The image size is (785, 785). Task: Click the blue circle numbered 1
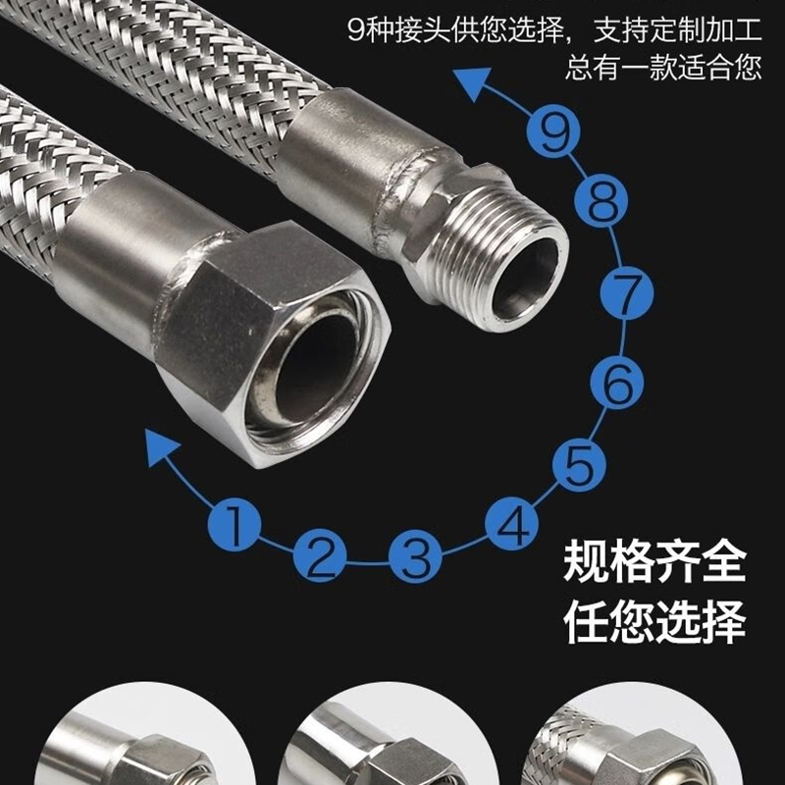click(x=235, y=525)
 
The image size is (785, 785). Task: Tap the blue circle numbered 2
click(x=320, y=554)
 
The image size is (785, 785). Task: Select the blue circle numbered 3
click(x=415, y=556)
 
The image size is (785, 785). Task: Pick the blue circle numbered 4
click(x=511, y=524)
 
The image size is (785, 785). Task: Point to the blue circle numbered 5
click(x=579, y=464)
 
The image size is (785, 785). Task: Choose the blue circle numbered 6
click(x=617, y=383)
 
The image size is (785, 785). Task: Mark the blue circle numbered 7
click(x=627, y=293)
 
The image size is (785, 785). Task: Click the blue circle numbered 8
click(x=601, y=201)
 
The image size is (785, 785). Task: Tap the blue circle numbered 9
click(x=553, y=131)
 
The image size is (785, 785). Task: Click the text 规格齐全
click(x=654, y=562)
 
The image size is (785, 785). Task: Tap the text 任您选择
click(x=654, y=621)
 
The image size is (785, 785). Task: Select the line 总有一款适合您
click(x=663, y=68)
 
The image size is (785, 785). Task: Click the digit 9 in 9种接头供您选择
click(x=356, y=31)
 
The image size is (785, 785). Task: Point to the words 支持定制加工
click(x=677, y=30)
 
